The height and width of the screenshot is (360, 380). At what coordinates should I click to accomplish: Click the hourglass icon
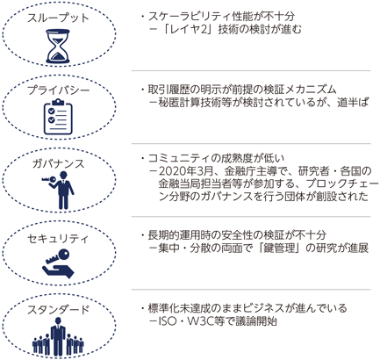58,46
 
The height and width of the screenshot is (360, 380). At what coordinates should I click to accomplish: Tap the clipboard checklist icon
58,117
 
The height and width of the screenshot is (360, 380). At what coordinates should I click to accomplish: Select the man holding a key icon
59,191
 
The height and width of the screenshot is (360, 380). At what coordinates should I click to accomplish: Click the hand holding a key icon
59,263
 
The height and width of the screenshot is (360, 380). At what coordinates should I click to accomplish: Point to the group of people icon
58,336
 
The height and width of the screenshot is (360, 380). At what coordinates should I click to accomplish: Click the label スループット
58,18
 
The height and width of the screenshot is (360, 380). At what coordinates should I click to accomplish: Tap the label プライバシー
58,90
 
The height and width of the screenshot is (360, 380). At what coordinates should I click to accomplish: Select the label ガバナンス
59,164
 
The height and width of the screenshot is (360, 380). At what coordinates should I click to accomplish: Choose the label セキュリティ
58,239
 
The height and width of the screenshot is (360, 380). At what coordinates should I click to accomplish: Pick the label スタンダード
58,310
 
